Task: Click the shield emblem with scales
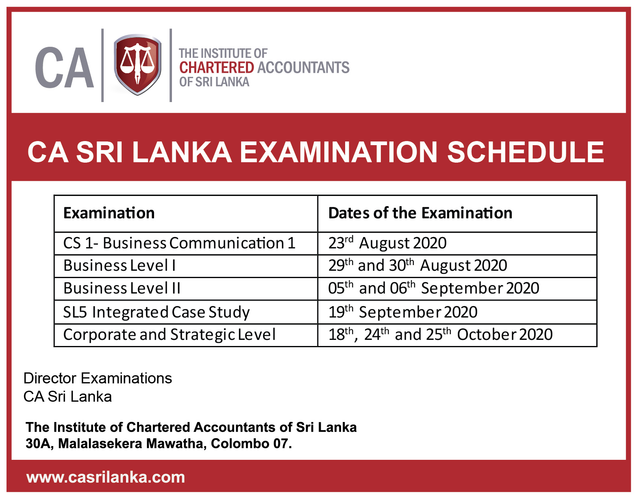[x=137, y=65]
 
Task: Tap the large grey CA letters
[x=65, y=67]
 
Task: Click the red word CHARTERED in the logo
[x=216, y=67]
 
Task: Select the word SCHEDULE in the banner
[x=525, y=152]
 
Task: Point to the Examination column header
[x=109, y=213]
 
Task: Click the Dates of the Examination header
[x=420, y=213]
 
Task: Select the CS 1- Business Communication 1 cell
[x=179, y=243]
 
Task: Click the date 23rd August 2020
[x=387, y=243]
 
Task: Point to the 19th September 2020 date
[x=403, y=311]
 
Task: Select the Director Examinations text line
[x=98, y=378]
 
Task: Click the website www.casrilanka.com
[x=106, y=477]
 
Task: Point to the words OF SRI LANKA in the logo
[x=214, y=82]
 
